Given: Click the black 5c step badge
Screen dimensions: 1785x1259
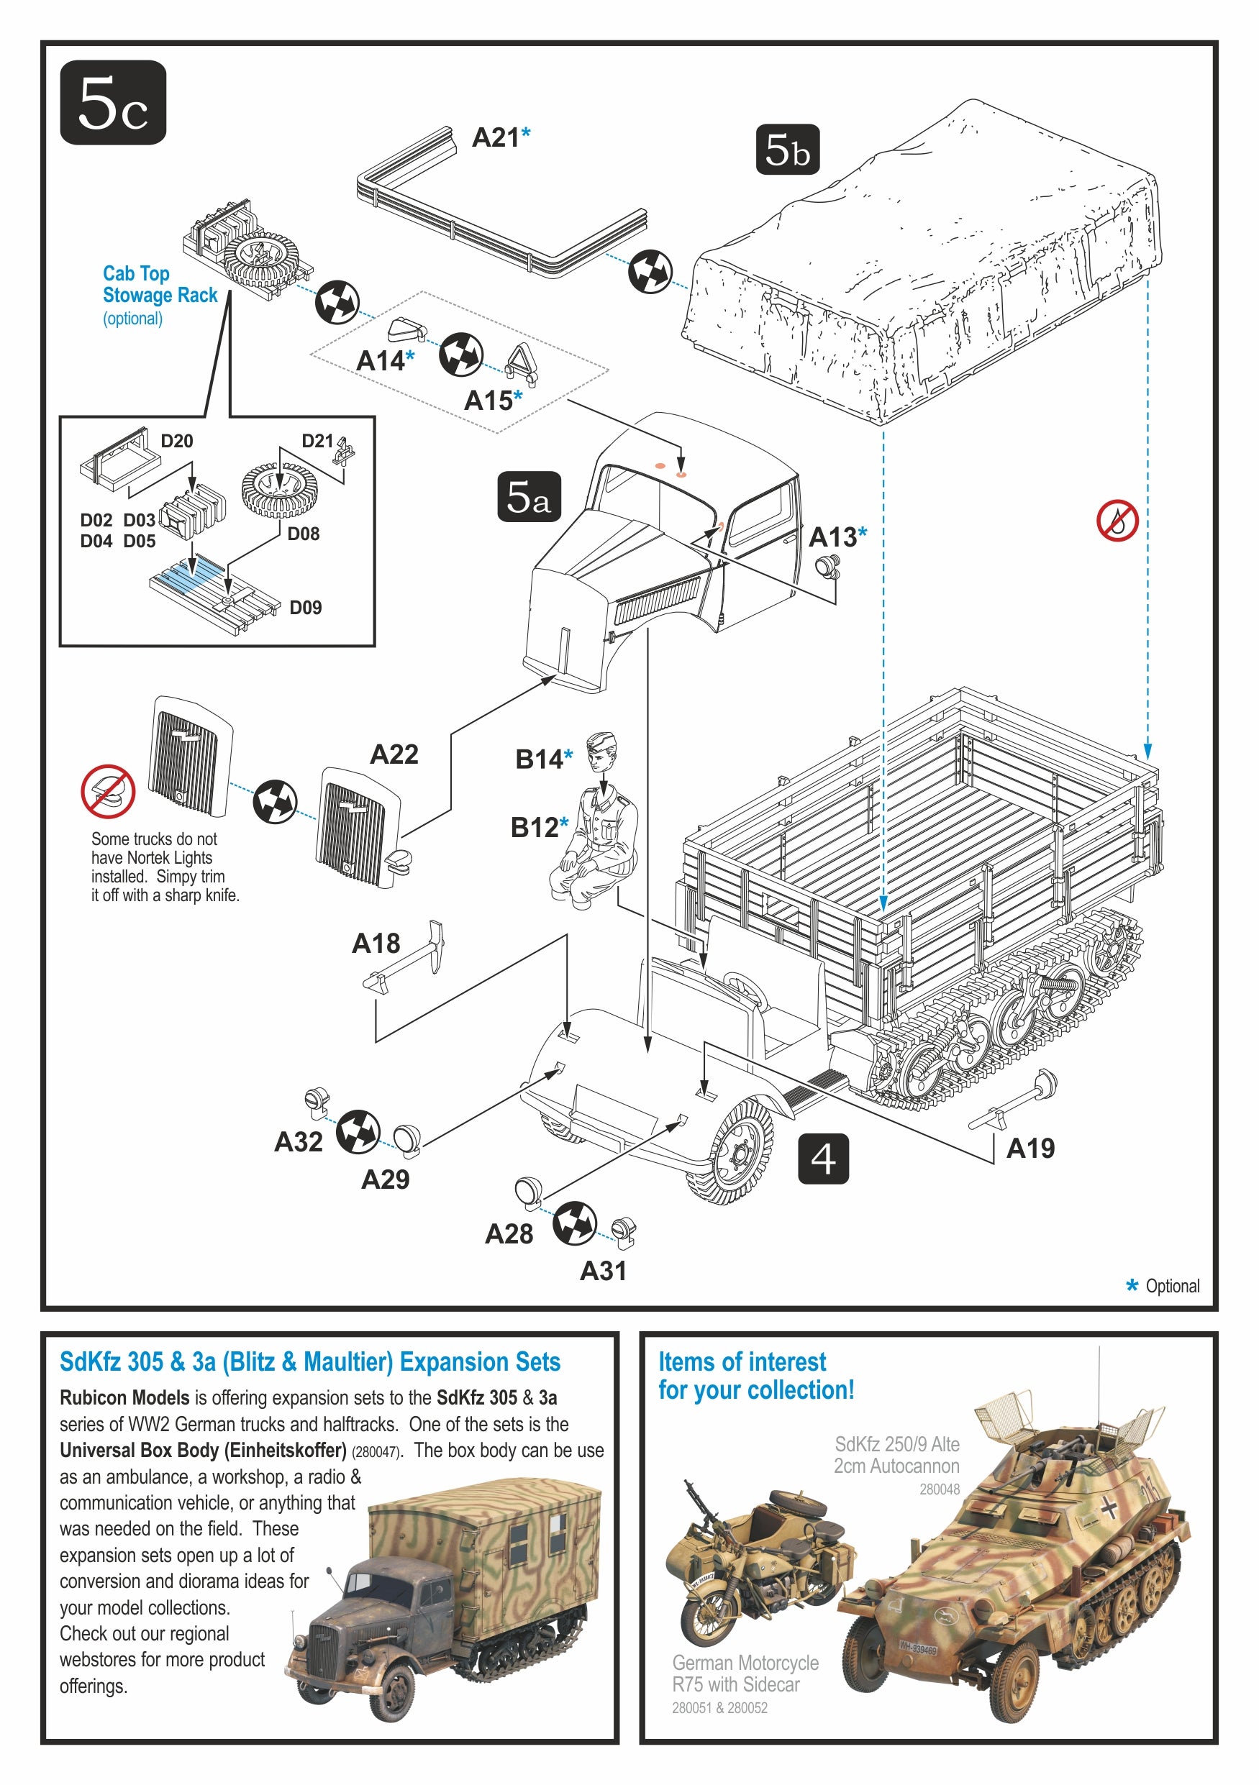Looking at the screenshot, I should coord(113,103).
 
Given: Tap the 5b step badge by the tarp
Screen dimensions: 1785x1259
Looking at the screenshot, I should coord(787,150).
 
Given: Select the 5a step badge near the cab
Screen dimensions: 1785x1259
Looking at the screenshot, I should coord(528,496).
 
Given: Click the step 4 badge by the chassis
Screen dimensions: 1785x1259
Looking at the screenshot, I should coord(823,1159).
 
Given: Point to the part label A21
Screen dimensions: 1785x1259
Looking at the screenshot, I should coord(496,137).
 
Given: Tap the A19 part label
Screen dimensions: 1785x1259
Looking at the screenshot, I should coord(1030,1148).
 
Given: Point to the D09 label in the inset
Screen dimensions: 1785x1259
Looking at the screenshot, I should coord(305,607).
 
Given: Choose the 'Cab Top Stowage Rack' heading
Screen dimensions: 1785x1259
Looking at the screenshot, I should coord(160,285).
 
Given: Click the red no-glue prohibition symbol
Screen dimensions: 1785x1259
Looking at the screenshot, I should coord(1117,521).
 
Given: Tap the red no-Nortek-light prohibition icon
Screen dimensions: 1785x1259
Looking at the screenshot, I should coord(108,791).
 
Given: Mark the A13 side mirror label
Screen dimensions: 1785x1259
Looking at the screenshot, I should coord(832,537).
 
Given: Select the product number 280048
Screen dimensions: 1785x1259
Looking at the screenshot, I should coord(939,1489).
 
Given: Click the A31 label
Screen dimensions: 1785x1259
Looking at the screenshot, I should coord(603,1271).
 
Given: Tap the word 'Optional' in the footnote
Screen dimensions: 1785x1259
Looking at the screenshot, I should coord(1172,1286).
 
